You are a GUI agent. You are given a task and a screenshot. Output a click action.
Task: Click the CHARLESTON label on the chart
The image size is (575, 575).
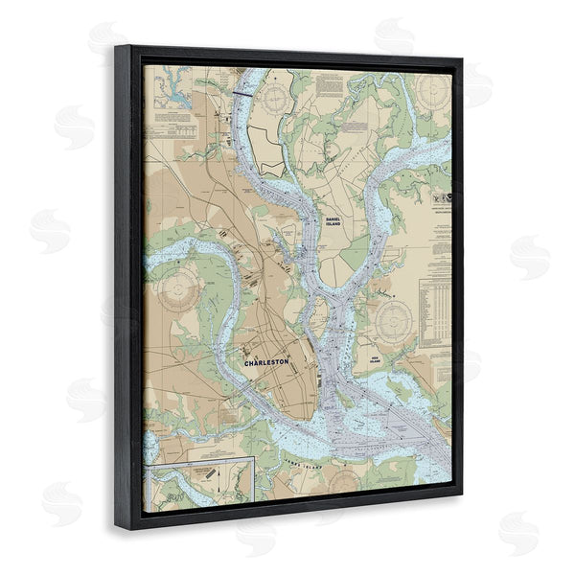(x=266, y=363)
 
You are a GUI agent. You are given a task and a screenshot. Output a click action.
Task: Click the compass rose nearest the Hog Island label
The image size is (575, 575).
(x=394, y=322)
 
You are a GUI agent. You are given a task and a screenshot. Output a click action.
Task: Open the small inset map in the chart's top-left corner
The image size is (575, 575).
(x=172, y=92)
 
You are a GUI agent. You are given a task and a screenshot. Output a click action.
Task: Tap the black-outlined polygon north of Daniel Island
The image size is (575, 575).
(x=272, y=164)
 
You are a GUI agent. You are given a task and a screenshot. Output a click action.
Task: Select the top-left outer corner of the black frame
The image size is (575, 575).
(x=115, y=44)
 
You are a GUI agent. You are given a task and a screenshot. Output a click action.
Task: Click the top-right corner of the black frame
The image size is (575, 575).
(x=462, y=59)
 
